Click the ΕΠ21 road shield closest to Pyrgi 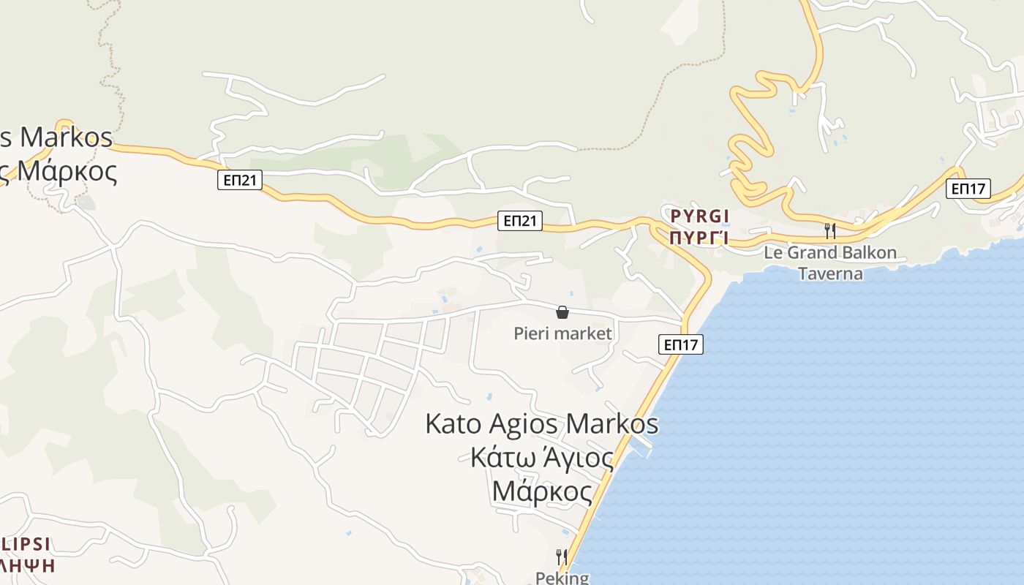(520, 221)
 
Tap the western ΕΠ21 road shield (240, 180)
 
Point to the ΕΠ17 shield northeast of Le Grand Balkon (968, 189)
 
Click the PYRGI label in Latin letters (700, 216)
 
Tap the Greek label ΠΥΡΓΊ (699, 238)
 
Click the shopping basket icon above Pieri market (562, 313)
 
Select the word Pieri (531, 334)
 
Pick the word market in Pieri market (582, 334)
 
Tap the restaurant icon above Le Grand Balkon (830, 231)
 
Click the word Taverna (829, 273)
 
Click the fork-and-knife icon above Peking (562, 557)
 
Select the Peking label (562, 578)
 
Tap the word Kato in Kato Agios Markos (453, 424)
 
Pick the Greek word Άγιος (578, 459)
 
